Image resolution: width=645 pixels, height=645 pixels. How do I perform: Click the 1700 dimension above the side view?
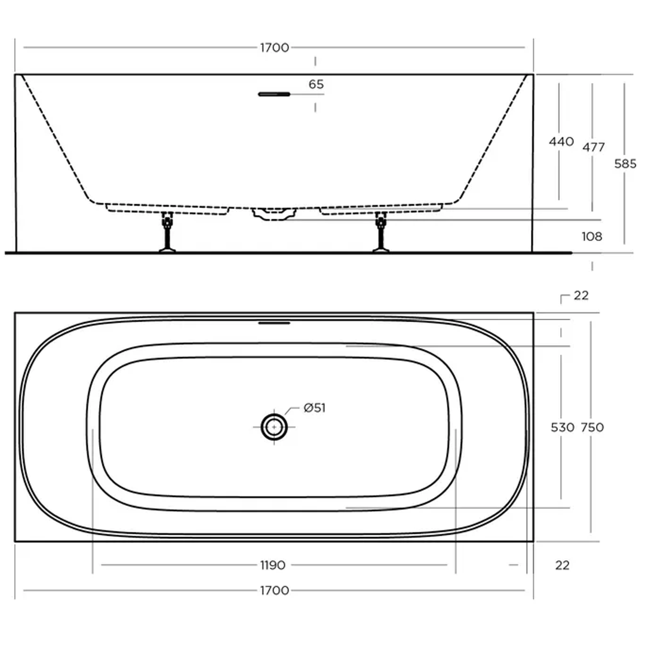coord(274,48)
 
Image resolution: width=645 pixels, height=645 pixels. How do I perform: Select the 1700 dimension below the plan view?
coord(274,591)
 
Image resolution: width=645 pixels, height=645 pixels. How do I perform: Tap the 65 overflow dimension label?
coord(316,85)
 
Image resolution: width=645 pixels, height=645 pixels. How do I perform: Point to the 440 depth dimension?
coord(561,142)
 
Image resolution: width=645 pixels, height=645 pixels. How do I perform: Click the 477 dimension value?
coord(593,147)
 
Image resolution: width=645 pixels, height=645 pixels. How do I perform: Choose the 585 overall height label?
coord(625,164)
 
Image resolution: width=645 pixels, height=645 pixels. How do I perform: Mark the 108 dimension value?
coord(592,236)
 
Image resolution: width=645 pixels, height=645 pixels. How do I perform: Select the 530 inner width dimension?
coord(561,428)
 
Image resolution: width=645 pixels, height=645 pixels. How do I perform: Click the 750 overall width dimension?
coord(592,428)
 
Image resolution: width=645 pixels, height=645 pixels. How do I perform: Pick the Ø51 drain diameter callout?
coord(315,408)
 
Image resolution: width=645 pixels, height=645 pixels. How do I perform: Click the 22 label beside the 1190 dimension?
coord(562,565)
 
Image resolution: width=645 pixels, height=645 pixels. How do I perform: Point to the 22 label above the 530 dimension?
coord(580,296)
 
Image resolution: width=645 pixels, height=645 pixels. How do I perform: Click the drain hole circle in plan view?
coord(274,426)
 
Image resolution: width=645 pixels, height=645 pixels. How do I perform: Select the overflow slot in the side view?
coord(274,94)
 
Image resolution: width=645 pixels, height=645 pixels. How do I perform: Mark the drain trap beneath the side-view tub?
coord(274,214)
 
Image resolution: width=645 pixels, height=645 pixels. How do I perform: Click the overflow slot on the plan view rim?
coord(274,323)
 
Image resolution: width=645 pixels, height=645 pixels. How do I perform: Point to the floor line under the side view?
coord(287,253)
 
